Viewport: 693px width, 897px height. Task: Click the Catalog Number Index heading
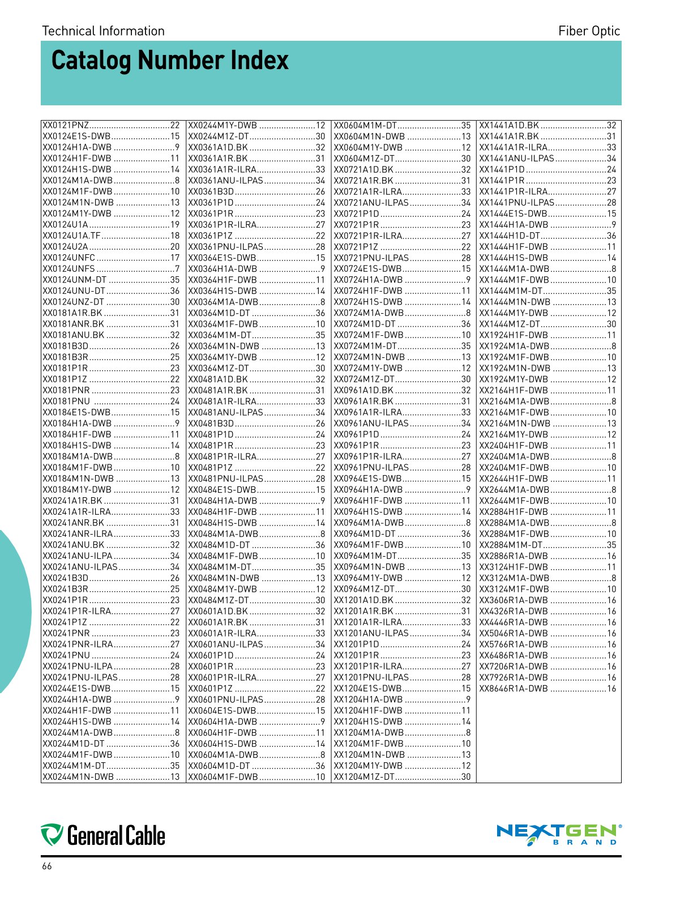pyautogui.click(x=170, y=61)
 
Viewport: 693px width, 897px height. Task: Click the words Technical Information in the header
pyautogui.click(x=103, y=31)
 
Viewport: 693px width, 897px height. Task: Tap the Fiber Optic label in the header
pyautogui.click(x=589, y=31)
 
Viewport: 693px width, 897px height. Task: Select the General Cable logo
pyautogui.click(x=103, y=835)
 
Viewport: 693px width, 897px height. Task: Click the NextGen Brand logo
pyautogui.click(x=558, y=834)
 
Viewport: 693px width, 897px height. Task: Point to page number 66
pyautogui.click(x=46, y=866)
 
